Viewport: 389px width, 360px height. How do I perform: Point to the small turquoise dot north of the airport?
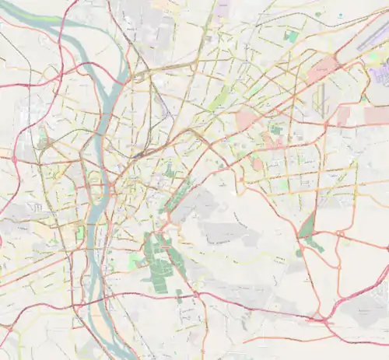[x=340, y=15]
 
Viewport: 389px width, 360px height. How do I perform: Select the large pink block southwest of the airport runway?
[x=322, y=71]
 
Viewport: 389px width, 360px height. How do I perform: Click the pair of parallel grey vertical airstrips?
[x=319, y=100]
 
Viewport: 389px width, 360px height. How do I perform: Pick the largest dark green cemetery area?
[x=159, y=255]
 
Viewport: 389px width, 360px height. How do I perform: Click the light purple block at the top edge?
[x=223, y=8]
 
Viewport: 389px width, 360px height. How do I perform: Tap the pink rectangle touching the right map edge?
[x=377, y=115]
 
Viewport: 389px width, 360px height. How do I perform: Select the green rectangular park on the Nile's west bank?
[x=78, y=232]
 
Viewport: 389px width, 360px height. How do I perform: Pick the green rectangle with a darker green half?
[x=291, y=36]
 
